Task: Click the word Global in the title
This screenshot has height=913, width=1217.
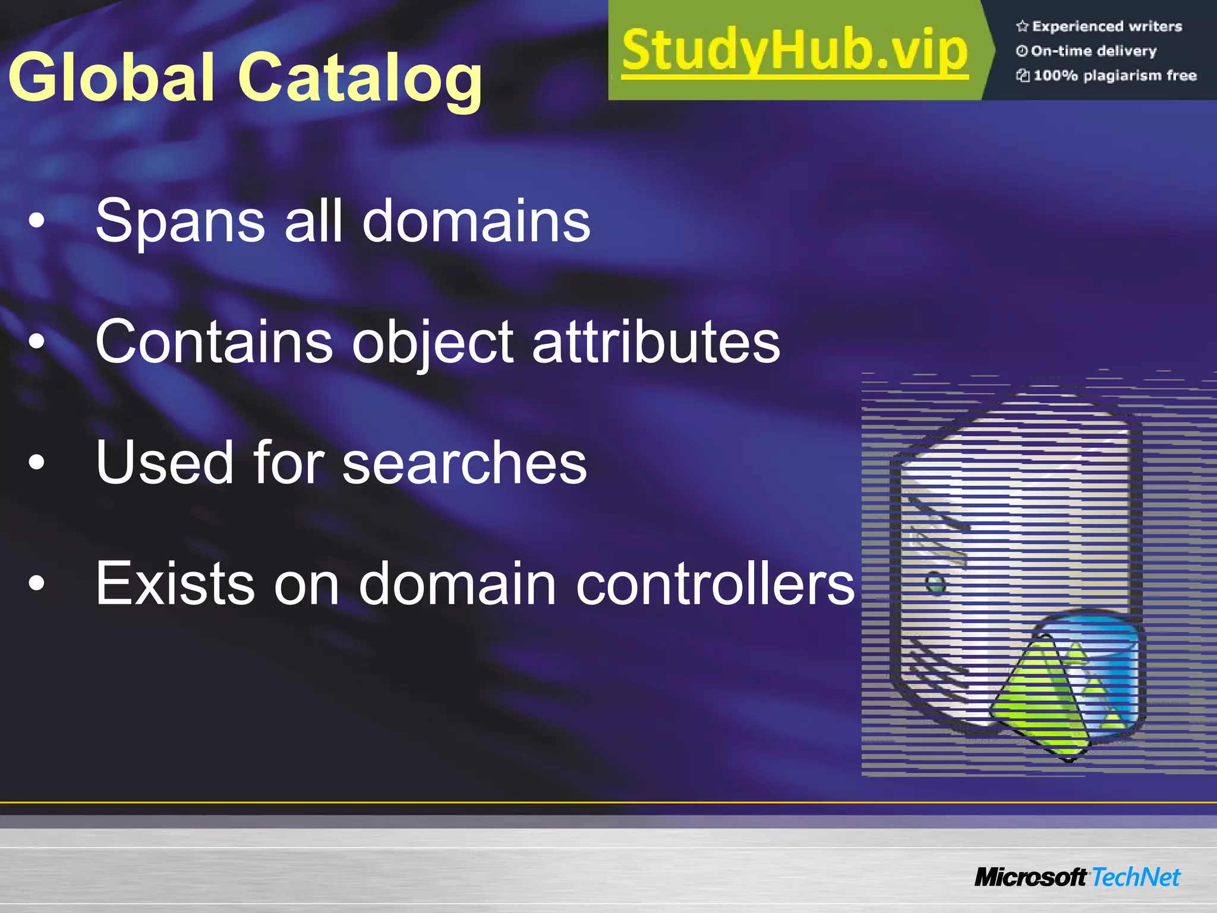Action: (x=111, y=77)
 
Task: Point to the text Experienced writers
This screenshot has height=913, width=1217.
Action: (x=1106, y=26)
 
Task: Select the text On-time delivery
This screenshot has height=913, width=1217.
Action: (x=1093, y=51)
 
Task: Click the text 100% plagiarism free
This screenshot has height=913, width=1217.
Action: (x=1114, y=75)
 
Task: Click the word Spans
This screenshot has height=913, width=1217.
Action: (x=180, y=222)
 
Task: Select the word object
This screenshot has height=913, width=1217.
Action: (x=433, y=343)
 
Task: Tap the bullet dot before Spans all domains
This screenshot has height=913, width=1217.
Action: (x=37, y=221)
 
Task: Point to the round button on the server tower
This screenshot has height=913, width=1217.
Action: (x=935, y=583)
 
